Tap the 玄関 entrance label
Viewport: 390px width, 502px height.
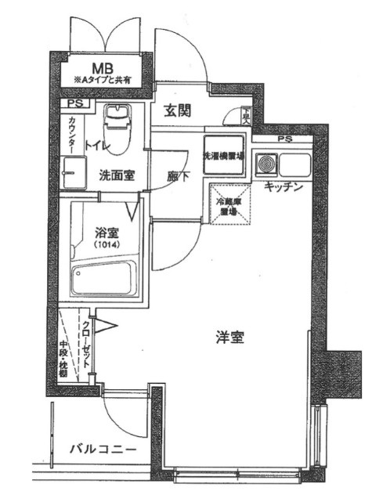click(x=179, y=110)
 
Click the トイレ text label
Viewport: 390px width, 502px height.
click(x=97, y=146)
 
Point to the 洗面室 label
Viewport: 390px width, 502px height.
click(x=114, y=175)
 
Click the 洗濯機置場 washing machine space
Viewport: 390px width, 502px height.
click(x=223, y=155)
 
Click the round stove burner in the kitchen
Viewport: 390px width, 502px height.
click(x=269, y=165)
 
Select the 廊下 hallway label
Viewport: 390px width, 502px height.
click(x=178, y=177)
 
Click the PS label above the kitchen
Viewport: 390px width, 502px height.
click(x=283, y=139)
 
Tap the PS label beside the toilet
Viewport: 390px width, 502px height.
click(x=74, y=103)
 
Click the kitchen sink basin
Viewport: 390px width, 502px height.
click(x=296, y=165)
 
